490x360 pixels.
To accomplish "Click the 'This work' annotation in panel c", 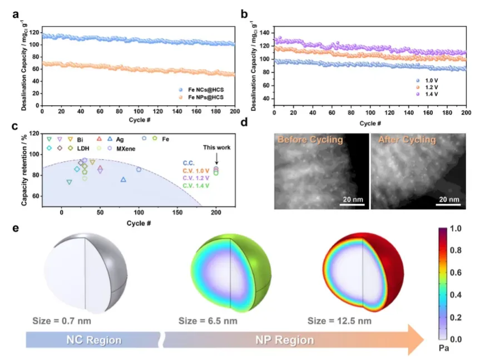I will [216, 147].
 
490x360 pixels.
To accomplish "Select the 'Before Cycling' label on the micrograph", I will [310, 140].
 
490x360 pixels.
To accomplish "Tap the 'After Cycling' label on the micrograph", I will [407, 140].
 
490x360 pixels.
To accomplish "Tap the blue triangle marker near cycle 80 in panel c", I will [123, 180].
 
